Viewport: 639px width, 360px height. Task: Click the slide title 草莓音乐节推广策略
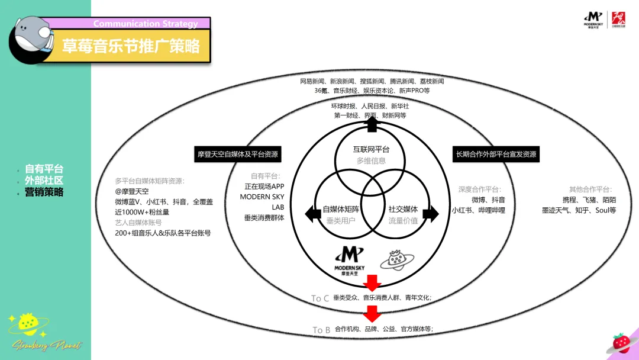point(131,46)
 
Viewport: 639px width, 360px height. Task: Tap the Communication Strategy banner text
point(145,24)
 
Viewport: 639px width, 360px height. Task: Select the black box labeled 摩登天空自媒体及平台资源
point(238,155)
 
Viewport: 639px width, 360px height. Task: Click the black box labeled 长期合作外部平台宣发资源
point(496,155)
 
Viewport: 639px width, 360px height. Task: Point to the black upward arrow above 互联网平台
point(372,124)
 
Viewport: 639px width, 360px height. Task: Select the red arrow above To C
point(372,282)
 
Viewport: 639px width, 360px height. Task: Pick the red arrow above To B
point(372,313)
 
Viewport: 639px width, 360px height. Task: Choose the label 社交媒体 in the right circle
point(403,209)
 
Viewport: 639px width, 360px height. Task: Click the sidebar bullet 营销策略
point(44,192)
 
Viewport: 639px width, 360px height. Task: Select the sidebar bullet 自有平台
point(44,169)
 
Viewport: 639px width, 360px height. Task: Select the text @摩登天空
point(132,191)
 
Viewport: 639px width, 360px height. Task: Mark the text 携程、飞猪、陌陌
point(589,200)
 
